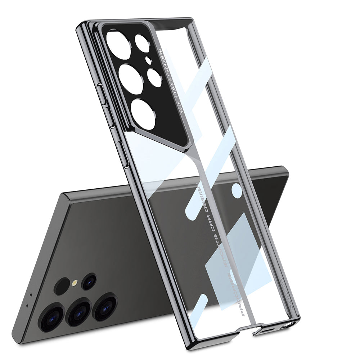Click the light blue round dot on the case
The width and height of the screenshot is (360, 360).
pyautogui.click(x=237, y=190)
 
